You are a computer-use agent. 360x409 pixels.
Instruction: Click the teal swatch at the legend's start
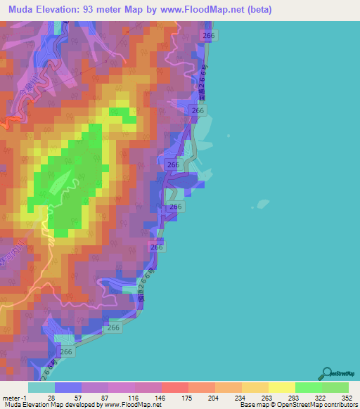41,387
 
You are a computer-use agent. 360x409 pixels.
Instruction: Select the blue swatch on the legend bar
67,387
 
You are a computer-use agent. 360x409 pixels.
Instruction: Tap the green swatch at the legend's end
335,387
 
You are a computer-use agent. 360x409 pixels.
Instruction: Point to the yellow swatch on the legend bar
281,387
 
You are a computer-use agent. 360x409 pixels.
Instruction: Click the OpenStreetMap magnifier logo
327,372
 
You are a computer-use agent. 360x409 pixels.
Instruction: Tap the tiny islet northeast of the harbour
228,136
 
